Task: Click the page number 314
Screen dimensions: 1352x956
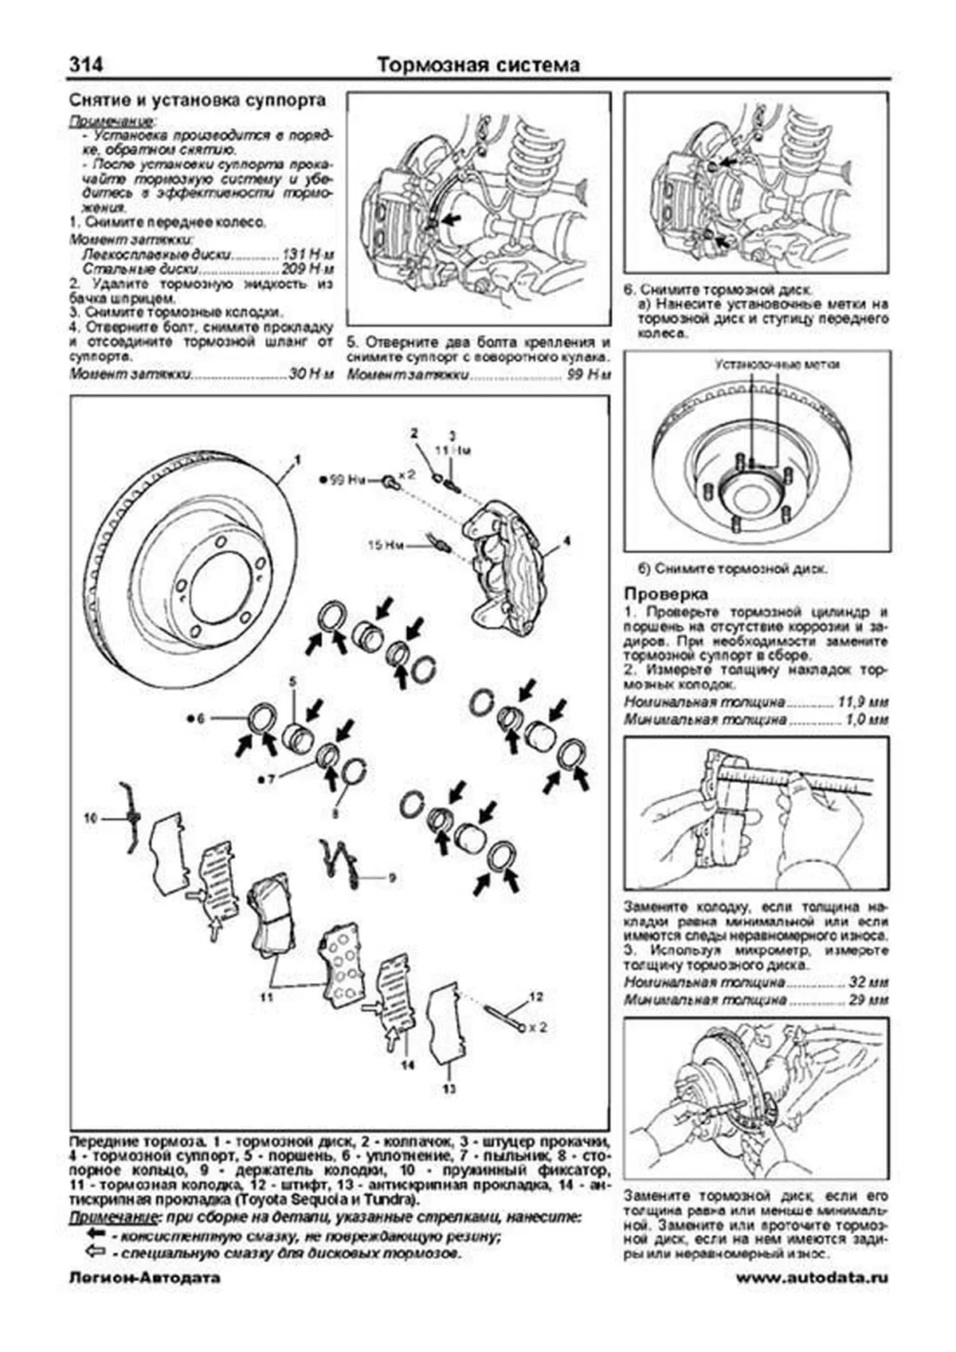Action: [85, 65]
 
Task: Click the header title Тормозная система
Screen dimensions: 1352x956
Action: [478, 65]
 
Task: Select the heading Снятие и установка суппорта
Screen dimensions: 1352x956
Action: [198, 101]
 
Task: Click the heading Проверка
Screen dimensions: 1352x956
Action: [666, 594]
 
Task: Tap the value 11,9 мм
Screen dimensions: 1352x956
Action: [863, 703]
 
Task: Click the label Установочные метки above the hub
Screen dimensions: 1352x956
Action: [777, 365]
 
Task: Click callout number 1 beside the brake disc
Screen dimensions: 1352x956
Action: [298, 460]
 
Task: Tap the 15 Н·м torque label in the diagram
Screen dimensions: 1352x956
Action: [386, 546]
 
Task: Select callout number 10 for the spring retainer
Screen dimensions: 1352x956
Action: [90, 817]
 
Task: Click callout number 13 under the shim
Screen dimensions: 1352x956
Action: [449, 1088]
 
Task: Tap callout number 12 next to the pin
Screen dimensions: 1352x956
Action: [535, 997]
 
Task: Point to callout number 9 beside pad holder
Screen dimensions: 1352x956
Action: [391, 878]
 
